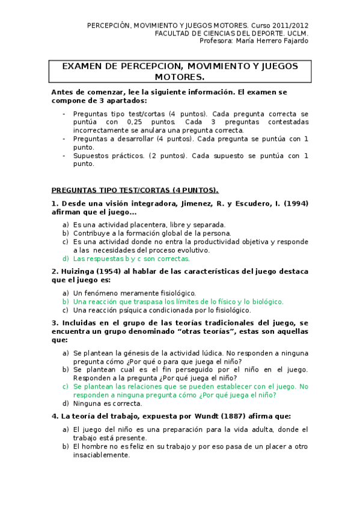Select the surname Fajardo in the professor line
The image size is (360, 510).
pyautogui.click(x=293, y=41)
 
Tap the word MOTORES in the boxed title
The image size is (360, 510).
pyautogui.click(x=180, y=78)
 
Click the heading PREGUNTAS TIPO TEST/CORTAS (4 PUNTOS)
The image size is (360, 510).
pyautogui.click(x=135, y=189)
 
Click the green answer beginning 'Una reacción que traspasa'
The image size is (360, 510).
pyautogui.click(x=178, y=302)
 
